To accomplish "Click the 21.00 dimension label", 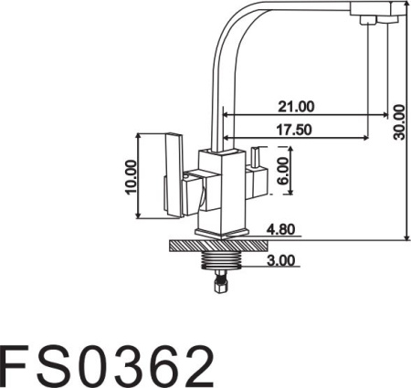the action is [x=296, y=107].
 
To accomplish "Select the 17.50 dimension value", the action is [x=294, y=130].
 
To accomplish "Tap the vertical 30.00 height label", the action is [x=399, y=122].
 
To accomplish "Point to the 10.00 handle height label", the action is [x=132, y=177].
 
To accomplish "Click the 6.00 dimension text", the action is [x=283, y=171].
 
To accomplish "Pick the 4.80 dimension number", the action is [x=280, y=229].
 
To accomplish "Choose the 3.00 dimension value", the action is [x=281, y=260].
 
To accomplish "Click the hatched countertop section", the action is [x=218, y=246].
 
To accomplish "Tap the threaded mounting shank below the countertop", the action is [x=221, y=261].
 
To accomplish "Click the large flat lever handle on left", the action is [x=174, y=175].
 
